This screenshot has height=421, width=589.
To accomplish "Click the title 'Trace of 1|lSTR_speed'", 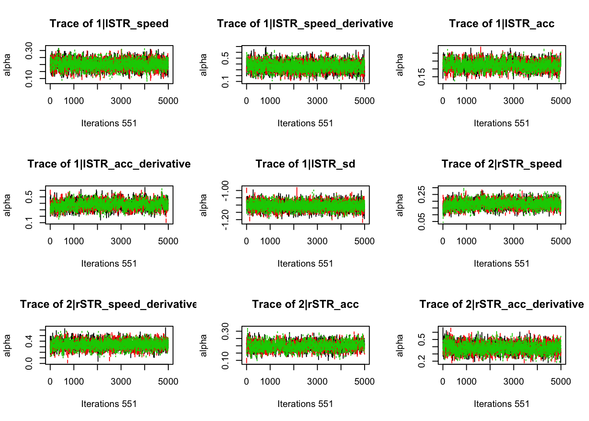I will pyautogui.click(x=109, y=24).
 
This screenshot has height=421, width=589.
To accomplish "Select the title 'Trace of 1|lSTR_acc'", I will pyautogui.click(x=501, y=24).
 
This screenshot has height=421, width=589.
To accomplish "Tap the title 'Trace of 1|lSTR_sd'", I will pyautogui.click(x=305, y=164).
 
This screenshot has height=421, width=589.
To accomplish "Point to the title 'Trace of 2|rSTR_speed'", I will pyautogui.click(x=501, y=164).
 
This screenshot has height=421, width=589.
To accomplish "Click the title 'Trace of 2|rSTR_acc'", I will pyautogui.click(x=305, y=304).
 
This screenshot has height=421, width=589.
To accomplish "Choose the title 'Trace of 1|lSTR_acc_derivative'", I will pyautogui.click(x=109, y=164).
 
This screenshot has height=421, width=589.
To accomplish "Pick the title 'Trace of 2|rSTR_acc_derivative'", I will pyautogui.click(x=501, y=304).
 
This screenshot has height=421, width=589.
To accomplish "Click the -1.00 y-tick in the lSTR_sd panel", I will pyautogui.click(x=225, y=190).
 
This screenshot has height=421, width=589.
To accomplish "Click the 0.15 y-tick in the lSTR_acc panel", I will pyautogui.click(x=422, y=77).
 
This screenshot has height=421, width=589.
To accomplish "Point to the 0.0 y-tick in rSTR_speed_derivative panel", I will pyautogui.click(x=29, y=363).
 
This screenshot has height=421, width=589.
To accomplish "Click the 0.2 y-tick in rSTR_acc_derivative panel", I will pyautogui.click(x=422, y=361).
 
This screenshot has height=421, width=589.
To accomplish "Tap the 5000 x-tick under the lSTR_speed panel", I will pyautogui.click(x=168, y=101).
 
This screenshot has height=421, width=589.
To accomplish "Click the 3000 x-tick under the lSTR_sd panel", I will pyautogui.click(x=317, y=241).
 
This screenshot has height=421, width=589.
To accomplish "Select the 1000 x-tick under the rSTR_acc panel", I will pyautogui.click(x=270, y=382).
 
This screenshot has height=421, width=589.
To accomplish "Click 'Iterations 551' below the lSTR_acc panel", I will pyautogui.click(x=501, y=123).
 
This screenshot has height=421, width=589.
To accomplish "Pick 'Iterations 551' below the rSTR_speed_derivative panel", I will pyautogui.click(x=109, y=404).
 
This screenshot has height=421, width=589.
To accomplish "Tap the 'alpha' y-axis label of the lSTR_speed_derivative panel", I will pyautogui.click(x=203, y=65).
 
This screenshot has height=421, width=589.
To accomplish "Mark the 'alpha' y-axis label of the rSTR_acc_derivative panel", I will pyautogui.click(x=400, y=346).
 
